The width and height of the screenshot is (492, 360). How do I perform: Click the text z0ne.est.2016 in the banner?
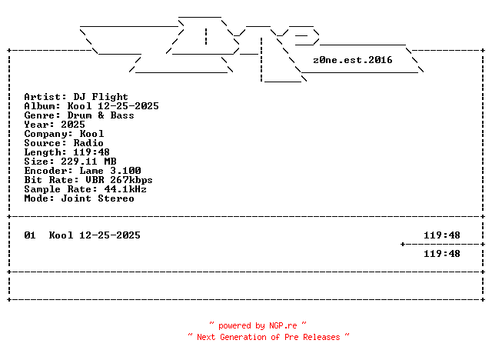tap(353, 59)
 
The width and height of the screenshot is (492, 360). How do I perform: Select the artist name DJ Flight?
tap(101, 97)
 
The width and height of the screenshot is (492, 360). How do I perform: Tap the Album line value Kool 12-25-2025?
tap(113, 106)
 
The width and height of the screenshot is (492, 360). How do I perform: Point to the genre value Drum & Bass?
tap(101, 115)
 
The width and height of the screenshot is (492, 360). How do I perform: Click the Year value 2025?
tap(73, 125)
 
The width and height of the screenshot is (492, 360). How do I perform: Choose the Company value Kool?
tap(91, 134)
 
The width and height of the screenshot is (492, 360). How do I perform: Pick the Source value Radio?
tap(88, 143)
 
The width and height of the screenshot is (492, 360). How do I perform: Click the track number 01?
tap(30, 235)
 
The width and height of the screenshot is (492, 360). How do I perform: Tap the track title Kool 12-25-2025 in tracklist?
tap(95, 235)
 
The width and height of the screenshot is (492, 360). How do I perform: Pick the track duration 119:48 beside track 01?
tap(442, 235)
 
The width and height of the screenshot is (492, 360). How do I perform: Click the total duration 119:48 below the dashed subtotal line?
tap(442, 254)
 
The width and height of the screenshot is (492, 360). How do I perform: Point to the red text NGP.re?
tap(282, 326)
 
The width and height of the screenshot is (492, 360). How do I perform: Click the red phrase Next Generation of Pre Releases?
tap(268, 337)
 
